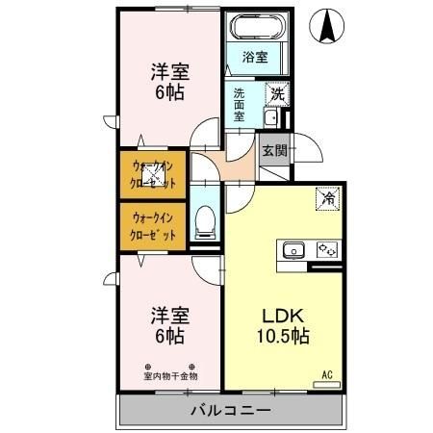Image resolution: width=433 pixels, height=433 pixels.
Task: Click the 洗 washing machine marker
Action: click(276, 94)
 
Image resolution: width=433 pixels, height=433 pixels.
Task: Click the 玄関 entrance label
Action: click(273, 150)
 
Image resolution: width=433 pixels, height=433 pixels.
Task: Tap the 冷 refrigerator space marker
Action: click(329, 199)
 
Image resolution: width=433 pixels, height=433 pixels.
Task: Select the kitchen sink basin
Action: click(292, 251)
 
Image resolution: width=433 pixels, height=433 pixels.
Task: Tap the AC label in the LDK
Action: click(327, 375)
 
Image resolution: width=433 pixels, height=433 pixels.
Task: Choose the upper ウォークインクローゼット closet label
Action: click(152, 174)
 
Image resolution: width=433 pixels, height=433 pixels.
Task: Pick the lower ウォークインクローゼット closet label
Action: click(152, 225)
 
